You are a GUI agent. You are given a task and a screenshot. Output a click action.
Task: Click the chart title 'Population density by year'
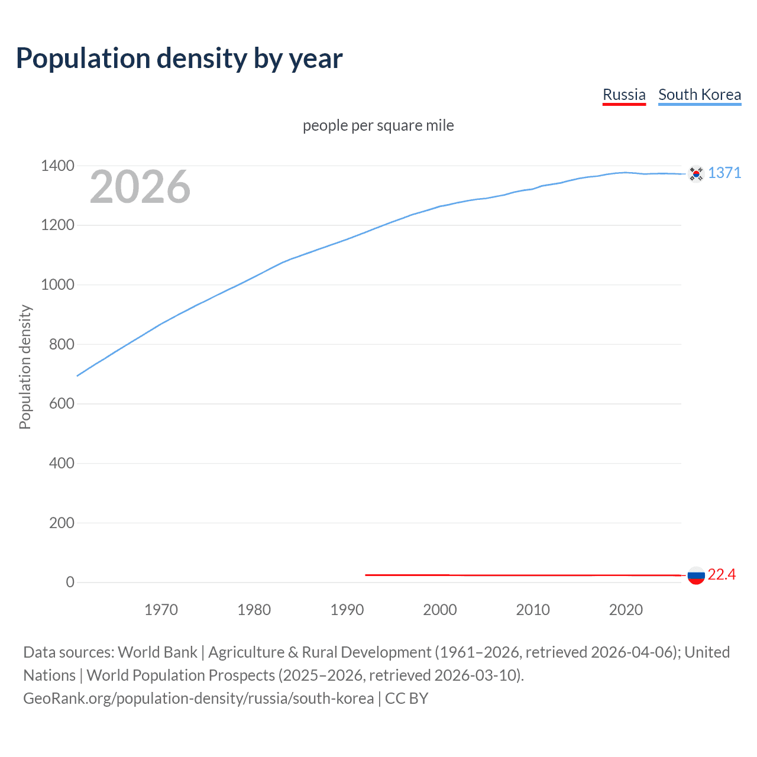click(179, 59)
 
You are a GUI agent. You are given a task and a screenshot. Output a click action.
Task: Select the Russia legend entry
click(624, 95)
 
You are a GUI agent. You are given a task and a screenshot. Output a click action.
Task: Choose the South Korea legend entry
click(700, 95)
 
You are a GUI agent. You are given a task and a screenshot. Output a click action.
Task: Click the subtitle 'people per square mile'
click(378, 125)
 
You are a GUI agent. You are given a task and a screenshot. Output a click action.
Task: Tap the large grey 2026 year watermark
click(140, 187)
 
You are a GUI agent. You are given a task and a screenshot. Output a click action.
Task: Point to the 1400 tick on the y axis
click(57, 166)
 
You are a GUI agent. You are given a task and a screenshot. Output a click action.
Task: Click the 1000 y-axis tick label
click(57, 284)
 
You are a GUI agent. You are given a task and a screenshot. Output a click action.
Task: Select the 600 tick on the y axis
click(62, 403)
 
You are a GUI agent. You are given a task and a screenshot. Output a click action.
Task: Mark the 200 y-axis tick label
click(62, 523)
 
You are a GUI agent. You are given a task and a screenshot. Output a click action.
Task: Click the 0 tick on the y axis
click(70, 582)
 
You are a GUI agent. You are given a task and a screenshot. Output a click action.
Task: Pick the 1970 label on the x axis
click(161, 610)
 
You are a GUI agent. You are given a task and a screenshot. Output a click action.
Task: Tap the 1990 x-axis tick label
click(347, 610)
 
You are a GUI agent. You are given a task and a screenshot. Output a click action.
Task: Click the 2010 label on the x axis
click(533, 610)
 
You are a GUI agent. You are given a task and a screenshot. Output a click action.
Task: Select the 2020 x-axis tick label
click(626, 610)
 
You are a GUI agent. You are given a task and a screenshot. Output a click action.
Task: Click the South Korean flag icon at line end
click(696, 173)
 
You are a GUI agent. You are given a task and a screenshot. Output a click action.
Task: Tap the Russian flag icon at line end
click(696, 575)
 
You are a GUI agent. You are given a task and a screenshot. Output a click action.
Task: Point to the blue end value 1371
click(724, 173)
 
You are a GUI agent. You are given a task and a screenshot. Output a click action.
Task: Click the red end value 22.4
click(722, 574)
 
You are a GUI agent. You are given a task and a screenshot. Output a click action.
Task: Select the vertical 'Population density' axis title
click(25, 367)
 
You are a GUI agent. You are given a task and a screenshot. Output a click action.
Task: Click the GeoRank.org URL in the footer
click(198, 698)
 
